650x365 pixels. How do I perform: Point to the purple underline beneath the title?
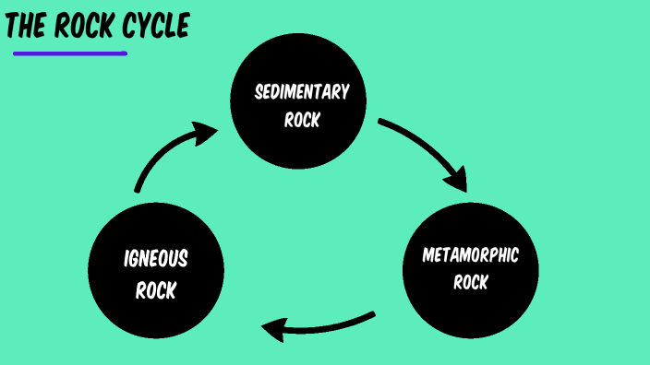(70, 53)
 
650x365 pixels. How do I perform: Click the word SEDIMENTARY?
(302, 91)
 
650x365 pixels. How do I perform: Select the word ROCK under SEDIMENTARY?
(302, 119)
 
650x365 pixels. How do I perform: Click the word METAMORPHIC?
(470, 254)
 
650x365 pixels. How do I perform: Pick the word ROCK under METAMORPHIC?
(470, 282)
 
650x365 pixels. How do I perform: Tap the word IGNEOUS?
(156, 259)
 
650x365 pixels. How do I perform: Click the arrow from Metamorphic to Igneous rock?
(319, 325)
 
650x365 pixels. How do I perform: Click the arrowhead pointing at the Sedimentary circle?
(207, 135)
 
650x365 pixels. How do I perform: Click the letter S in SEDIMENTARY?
(259, 92)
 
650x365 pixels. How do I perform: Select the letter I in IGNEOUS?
(126, 259)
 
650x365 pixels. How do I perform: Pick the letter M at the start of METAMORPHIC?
(428, 254)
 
